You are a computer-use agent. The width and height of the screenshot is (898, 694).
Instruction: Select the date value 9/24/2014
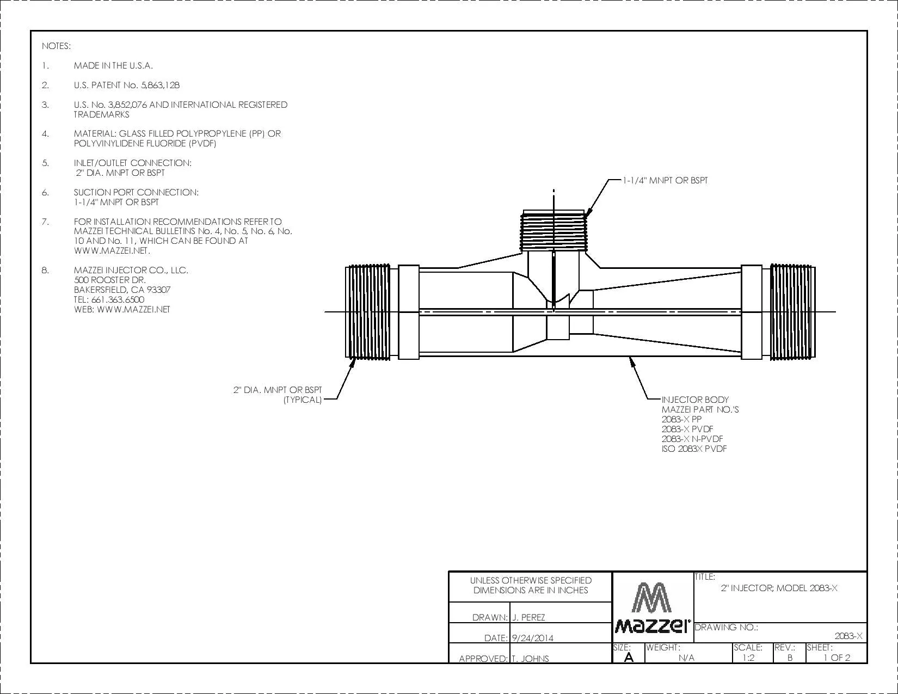click(533, 638)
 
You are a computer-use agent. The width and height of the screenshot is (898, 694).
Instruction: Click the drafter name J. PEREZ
click(528, 617)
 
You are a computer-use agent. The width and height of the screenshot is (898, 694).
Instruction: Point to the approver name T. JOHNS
click(530, 659)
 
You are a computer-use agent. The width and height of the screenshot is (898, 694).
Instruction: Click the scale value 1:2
click(748, 658)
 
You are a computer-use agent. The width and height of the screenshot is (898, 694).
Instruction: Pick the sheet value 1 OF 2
click(837, 658)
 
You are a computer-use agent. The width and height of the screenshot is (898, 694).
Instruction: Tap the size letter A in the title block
click(629, 657)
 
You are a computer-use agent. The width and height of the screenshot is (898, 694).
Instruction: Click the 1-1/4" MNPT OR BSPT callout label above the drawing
click(666, 181)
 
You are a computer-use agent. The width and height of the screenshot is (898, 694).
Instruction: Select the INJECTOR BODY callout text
click(695, 400)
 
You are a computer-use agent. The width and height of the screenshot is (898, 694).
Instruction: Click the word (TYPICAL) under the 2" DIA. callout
click(303, 400)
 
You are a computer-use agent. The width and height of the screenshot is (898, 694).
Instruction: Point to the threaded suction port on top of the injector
click(553, 230)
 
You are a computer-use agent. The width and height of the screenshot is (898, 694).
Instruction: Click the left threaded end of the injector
click(367, 312)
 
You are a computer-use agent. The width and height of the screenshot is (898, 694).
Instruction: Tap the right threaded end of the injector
click(792, 312)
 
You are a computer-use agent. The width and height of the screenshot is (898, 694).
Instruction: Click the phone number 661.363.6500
click(118, 300)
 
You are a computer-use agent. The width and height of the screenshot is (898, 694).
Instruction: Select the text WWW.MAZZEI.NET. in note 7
click(112, 251)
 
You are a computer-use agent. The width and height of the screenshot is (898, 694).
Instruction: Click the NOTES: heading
click(56, 46)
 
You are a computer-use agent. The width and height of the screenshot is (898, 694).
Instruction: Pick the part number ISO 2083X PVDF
click(694, 449)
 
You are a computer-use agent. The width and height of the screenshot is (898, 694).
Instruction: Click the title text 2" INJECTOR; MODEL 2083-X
click(779, 588)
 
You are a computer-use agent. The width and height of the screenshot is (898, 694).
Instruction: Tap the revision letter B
click(790, 658)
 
